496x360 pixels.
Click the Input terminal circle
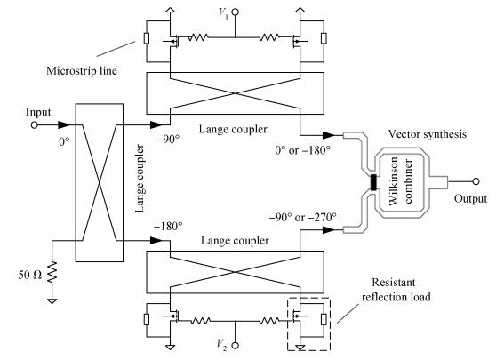(34, 125)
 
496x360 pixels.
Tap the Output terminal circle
(476, 181)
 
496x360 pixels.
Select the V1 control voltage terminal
(235, 12)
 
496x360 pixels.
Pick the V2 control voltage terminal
(235, 346)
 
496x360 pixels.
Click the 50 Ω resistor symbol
(52, 272)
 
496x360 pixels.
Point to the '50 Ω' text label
(29, 275)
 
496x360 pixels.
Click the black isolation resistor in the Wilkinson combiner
(373, 182)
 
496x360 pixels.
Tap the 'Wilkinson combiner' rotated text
(401, 181)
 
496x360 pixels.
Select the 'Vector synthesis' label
(427, 134)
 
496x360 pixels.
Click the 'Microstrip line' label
(82, 70)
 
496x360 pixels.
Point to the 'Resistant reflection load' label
(396, 290)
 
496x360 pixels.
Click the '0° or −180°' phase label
(303, 150)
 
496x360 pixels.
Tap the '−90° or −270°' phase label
(303, 217)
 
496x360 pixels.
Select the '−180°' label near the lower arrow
(168, 226)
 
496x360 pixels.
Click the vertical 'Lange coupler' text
(140, 179)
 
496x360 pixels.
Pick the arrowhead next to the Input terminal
(65, 125)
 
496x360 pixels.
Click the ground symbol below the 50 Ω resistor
(52, 301)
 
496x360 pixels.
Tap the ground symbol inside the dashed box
(300, 348)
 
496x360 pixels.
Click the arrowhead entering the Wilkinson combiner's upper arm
(329, 135)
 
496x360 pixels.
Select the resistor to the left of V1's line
(198, 37)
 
